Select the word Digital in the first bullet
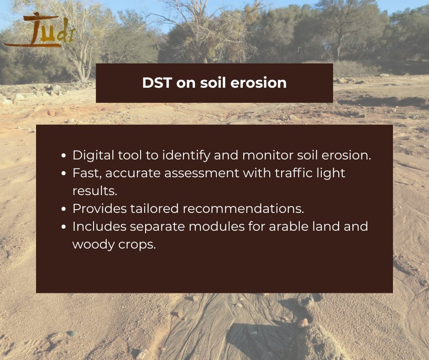click(91, 155)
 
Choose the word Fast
click(85, 173)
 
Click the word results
click(95, 191)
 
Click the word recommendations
click(243, 209)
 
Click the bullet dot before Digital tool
click(64, 156)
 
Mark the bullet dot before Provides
click(64, 209)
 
